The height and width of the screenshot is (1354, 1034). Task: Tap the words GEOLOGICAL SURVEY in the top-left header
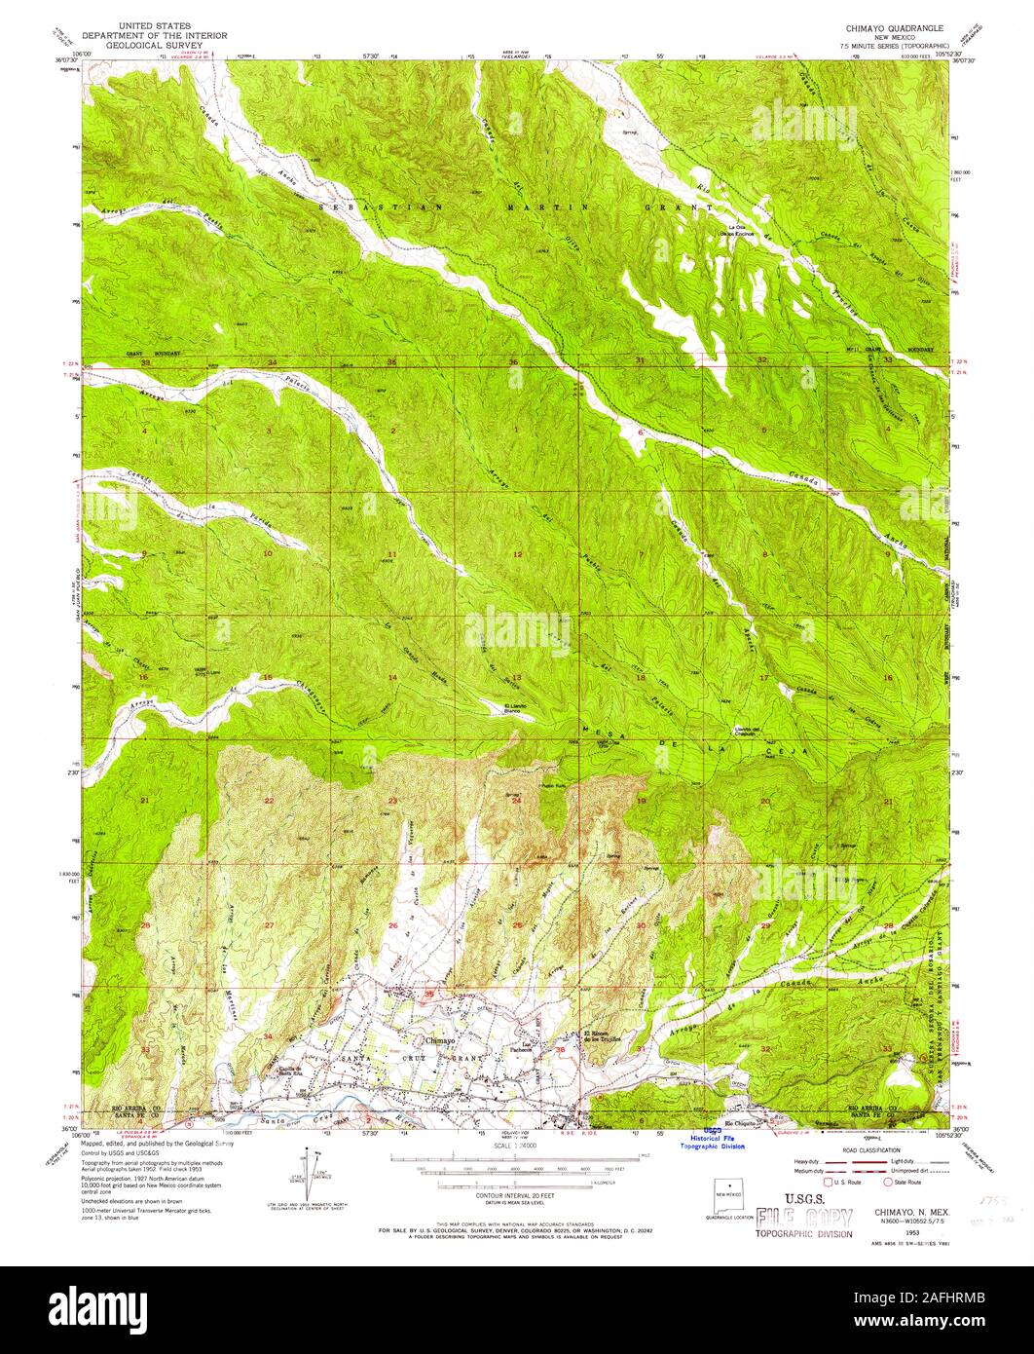155,44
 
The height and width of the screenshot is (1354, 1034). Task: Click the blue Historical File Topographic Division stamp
719,1141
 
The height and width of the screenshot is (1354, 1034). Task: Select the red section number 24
517,801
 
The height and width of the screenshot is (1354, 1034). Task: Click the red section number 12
518,554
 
